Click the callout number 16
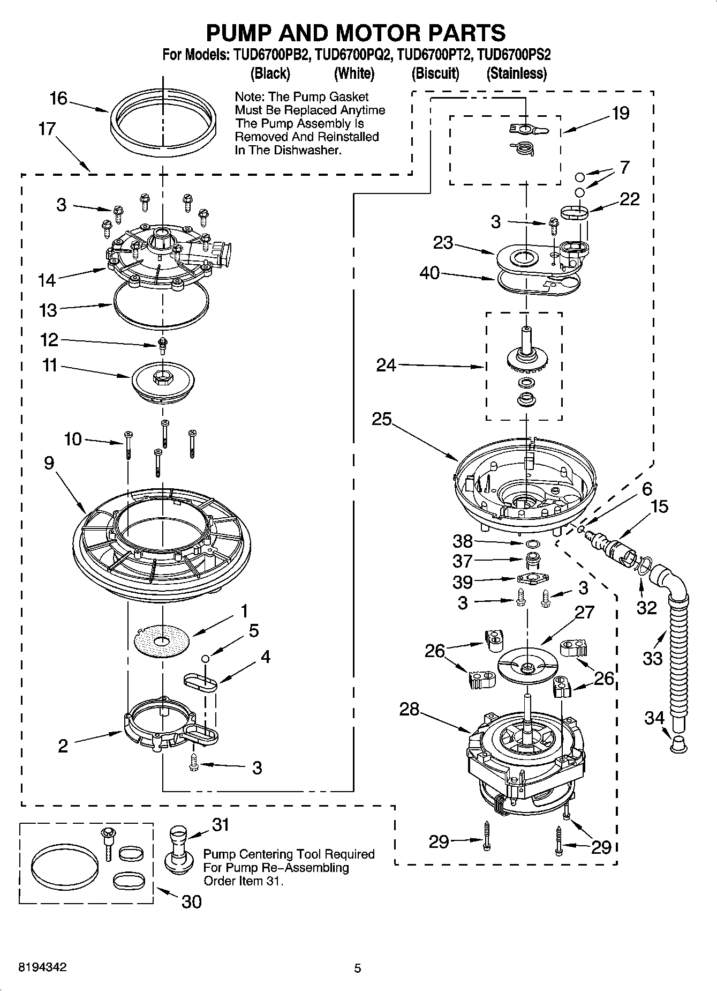58,99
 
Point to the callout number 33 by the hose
652,658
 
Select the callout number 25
382,419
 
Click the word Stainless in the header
516,73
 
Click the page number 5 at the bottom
357,968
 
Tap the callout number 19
621,113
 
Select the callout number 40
429,273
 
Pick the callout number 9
49,463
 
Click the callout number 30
191,902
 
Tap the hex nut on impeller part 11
162,377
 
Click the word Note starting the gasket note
249,97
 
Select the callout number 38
463,540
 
